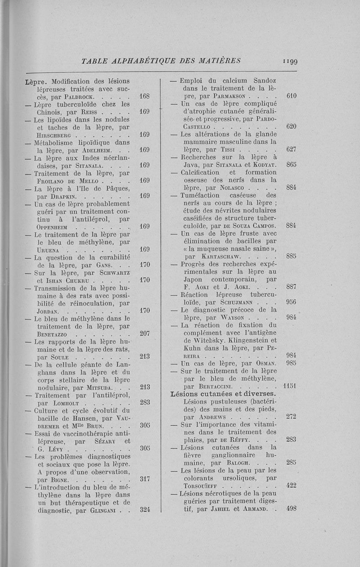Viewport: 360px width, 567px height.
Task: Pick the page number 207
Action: pyautogui.click(x=144, y=333)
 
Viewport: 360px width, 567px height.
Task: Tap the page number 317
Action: pyautogui.click(x=144, y=479)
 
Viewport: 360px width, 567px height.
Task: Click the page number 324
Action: pyautogui.click(x=144, y=510)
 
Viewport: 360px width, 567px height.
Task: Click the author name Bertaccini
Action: pyautogui.click(x=208, y=387)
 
